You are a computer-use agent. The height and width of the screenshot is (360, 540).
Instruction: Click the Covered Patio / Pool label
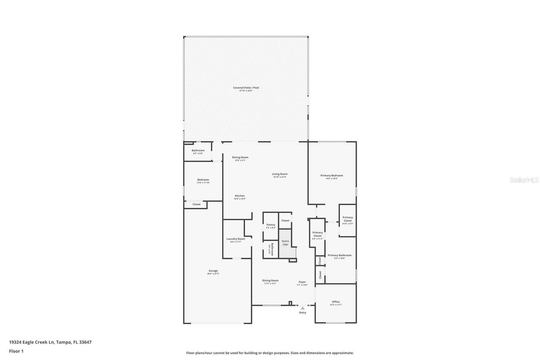[x=246, y=88]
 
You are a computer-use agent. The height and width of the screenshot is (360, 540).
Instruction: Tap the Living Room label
[x=279, y=174]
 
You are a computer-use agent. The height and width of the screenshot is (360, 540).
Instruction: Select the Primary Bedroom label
[x=332, y=176]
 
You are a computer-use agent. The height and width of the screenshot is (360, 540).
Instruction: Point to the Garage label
[x=213, y=271]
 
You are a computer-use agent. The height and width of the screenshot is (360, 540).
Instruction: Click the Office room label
[x=336, y=302]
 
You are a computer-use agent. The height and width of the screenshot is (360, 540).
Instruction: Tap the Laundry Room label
[x=235, y=239]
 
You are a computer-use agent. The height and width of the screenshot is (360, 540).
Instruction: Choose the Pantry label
[x=271, y=225]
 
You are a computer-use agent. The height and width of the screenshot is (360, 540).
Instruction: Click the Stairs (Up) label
[x=285, y=243]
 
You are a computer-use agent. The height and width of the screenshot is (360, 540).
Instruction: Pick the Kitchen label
[x=240, y=196]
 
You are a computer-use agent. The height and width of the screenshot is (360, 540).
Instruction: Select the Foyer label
[x=302, y=282]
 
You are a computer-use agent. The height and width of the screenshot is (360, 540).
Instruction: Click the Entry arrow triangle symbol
[x=302, y=308]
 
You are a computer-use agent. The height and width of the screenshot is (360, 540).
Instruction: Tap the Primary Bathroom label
[x=340, y=255]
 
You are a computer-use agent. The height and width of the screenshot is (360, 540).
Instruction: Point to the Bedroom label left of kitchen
[x=203, y=180]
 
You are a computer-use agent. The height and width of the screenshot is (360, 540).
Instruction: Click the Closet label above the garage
[x=197, y=204]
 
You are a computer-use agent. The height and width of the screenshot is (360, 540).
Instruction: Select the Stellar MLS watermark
[x=524, y=180]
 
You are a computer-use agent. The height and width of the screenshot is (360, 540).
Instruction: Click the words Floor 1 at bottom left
[x=16, y=351]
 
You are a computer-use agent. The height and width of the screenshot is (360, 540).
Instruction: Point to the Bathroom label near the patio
[x=198, y=151]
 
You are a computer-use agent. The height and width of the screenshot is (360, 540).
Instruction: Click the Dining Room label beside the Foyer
[x=270, y=281]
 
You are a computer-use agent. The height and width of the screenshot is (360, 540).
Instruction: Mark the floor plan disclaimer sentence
[x=270, y=353]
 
